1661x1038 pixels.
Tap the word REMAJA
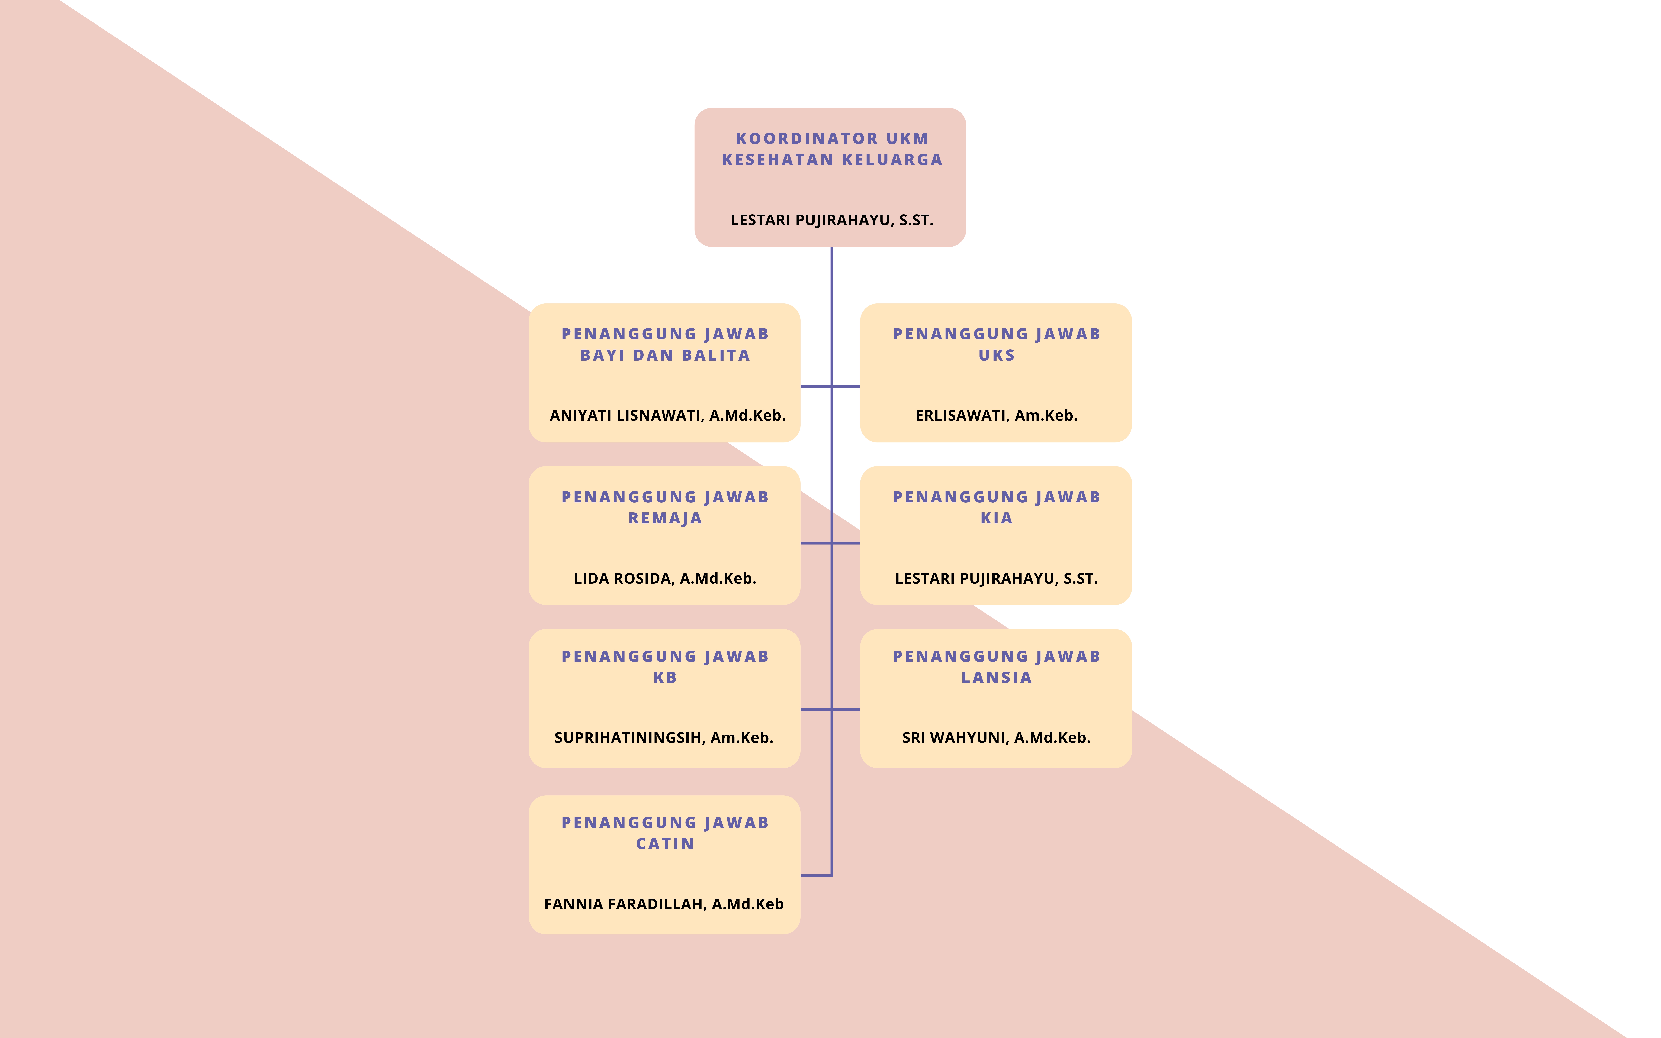665,518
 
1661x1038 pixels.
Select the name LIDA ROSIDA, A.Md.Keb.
665,579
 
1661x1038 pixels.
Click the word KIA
996,518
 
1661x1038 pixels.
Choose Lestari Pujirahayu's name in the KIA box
996,579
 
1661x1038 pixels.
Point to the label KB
665,678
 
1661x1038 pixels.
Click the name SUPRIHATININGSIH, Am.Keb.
664,738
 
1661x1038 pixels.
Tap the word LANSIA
996,678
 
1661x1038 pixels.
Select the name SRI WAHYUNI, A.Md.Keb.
996,738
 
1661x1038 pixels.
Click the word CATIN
665,844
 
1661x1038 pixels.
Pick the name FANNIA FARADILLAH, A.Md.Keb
664,904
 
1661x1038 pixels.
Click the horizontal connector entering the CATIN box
816,875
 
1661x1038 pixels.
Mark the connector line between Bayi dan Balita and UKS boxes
830,386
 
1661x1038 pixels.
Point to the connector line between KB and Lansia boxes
830,709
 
